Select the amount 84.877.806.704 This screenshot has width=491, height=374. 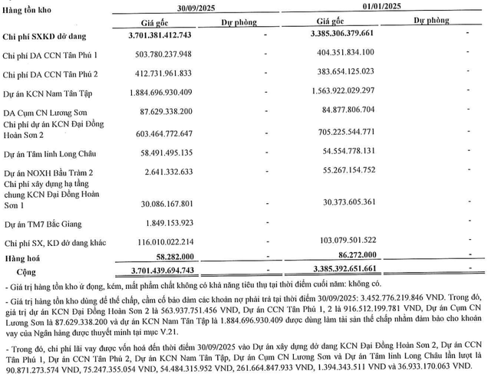click(363, 118)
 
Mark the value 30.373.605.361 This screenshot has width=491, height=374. click(363, 202)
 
